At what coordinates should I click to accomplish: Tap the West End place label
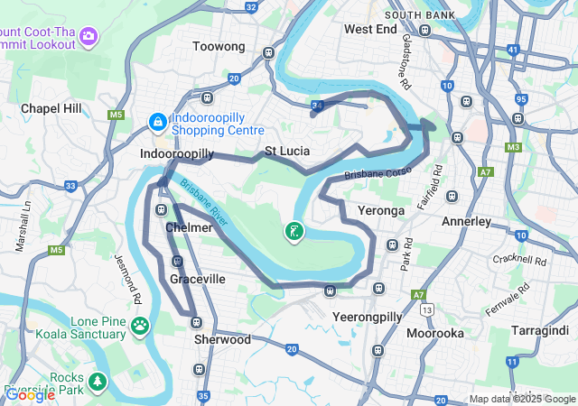370,29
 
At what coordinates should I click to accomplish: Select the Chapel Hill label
51,108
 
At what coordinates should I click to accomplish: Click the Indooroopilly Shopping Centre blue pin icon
156,120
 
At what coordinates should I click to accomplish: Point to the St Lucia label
288,151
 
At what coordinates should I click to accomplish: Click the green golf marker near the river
294,233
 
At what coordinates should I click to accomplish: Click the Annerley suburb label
466,221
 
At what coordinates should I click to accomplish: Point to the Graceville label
198,280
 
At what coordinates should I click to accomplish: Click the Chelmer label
189,227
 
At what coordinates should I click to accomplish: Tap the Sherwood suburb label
222,340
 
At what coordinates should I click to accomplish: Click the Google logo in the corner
30,394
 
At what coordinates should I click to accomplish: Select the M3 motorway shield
514,147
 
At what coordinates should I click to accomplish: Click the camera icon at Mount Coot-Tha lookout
89,36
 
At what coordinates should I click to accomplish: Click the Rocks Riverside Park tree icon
97,381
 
